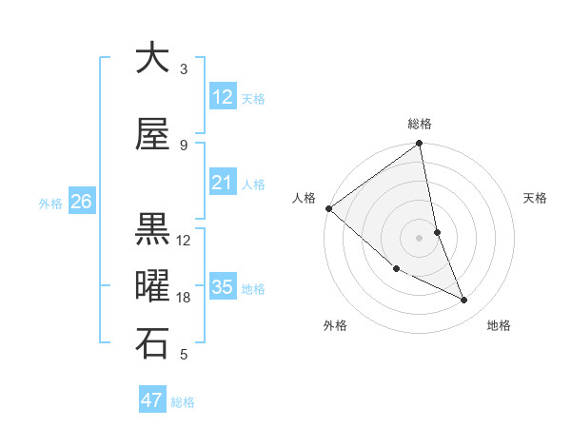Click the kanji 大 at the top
[152, 59]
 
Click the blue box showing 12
[222, 97]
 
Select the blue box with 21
[222, 183]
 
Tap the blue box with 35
[222, 287]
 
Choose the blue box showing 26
[81, 202]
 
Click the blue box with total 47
[152, 400]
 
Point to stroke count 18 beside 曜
[184, 298]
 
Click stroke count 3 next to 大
[184, 69]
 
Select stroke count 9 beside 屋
[184, 146]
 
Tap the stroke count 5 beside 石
[184, 355]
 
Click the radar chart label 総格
[420, 124]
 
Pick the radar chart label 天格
[536, 198]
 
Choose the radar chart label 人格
[305, 198]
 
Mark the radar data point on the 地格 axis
[464, 300]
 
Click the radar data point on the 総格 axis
[420, 145]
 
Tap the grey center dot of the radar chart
[420, 238]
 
